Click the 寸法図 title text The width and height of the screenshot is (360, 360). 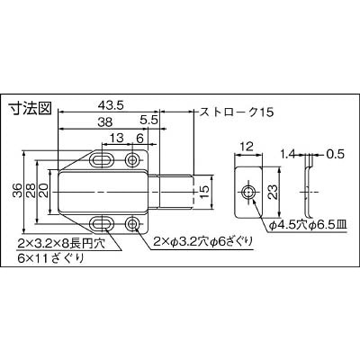pyautogui.click(x=30, y=108)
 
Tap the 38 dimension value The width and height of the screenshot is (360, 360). pyautogui.click(x=105, y=122)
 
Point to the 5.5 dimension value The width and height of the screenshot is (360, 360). pyautogui.click(x=148, y=120)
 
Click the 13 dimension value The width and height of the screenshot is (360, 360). pyautogui.click(x=116, y=138)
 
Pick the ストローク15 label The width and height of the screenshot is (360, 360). pyautogui.click(x=237, y=112)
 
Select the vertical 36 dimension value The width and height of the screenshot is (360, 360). pyautogui.click(x=17, y=190)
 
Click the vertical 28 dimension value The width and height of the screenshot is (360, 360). pyautogui.click(x=31, y=190)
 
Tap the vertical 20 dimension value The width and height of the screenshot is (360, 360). pyautogui.click(x=43, y=190)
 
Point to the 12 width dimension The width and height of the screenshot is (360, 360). pyautogui.click(x=247, y=147)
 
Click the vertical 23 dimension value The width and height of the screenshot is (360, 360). pyautogui.click(x=272, y=192)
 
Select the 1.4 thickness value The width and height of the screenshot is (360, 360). pyautogui.click(x=287, y=155)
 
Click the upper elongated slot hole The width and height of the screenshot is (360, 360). pyautogui.click(x=102, y=159)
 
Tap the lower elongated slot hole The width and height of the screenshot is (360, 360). pyautogui.click(x=102, y=223)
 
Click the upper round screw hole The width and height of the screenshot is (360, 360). pyautogui.click(x=131, y=159)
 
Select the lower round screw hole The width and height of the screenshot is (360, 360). pyautogui.click(x=131, y=223)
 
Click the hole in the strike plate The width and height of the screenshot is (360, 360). pyautogui.click(x=248, y=192)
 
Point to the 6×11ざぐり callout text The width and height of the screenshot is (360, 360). pyautogui.click(x=50, y=258)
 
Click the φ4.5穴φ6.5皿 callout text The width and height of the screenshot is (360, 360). pyautogui.click(x=308, y=225)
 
